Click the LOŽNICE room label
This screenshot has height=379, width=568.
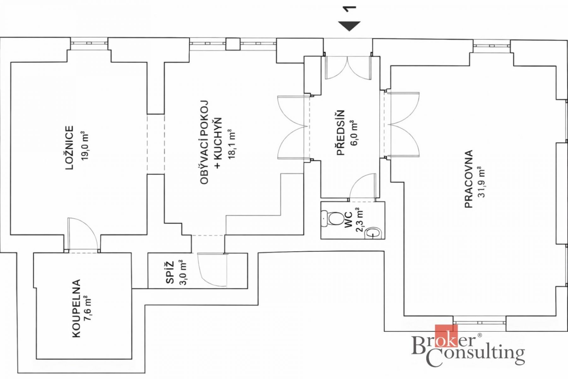[x=69, y=148]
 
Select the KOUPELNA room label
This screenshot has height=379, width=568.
[x=76, y=309]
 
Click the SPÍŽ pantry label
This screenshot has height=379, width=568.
[x=170, y=272]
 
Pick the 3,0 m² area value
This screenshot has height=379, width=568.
[x=183, y=272]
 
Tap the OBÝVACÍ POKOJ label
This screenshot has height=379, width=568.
[x=204, y=142]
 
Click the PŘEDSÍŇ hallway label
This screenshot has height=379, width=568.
[x=340, y=133]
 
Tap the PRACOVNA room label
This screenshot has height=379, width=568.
[x=469, y=179]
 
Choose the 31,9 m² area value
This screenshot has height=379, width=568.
[x=482, y=182]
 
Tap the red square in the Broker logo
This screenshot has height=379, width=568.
[x=446, y=336]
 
